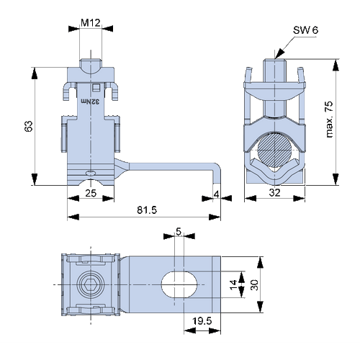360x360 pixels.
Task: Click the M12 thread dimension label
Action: coord(91,23)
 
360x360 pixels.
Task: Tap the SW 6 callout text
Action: coord(305,30)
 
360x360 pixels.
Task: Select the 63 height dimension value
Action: coord(29,126)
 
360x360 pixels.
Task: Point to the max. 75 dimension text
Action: coord(330,120)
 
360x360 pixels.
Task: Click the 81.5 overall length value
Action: coord(147,210)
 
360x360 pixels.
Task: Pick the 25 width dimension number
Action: coord(91,193)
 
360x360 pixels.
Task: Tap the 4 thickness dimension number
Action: coord(217,194)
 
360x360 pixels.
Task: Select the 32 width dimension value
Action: coord(274,192)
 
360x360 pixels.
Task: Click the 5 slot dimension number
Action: coord(179,232)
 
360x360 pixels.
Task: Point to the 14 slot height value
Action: coord(233,284)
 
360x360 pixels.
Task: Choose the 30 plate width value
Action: coord(254,285)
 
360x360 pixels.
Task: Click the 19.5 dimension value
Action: coord(202,321)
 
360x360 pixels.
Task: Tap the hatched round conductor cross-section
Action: coord(274,149)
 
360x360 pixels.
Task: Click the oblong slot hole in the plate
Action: coord(179,284)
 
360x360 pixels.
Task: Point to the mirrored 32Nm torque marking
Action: coord(90,102)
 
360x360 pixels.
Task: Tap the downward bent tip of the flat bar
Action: coord(217,179)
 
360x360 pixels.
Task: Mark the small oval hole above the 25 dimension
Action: coord(91,173)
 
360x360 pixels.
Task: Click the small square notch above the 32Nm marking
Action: coord(96,87)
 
